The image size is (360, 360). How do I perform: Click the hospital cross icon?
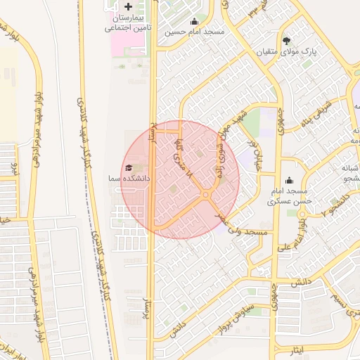tap(128, 6)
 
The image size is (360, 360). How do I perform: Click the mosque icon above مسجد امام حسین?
tap(194, 21)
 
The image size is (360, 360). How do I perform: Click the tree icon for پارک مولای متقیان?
tap(286, 40)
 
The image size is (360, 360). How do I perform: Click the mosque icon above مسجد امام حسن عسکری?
tap(289, 181)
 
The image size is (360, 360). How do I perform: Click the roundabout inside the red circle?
tap(206, 195)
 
